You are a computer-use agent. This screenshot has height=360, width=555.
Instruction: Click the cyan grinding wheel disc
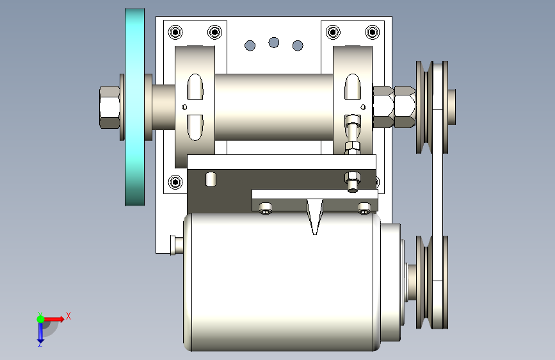(135, 107)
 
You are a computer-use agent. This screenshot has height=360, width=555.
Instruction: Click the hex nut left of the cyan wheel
(109, 107)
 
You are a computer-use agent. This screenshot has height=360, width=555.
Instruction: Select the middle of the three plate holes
(273, 42)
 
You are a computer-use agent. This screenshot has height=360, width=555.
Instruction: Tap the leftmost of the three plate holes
(250, 45)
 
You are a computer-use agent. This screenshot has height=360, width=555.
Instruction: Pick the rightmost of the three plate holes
(298, 45)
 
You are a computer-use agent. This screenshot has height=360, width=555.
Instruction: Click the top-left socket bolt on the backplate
(175, 32)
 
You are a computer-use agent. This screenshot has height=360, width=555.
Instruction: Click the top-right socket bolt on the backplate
(372, 32)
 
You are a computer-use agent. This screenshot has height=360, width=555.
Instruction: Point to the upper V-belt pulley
(432, 107)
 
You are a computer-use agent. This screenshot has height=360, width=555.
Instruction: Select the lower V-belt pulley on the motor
(432, 282)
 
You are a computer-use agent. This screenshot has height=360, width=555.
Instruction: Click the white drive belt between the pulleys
(437, 195)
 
